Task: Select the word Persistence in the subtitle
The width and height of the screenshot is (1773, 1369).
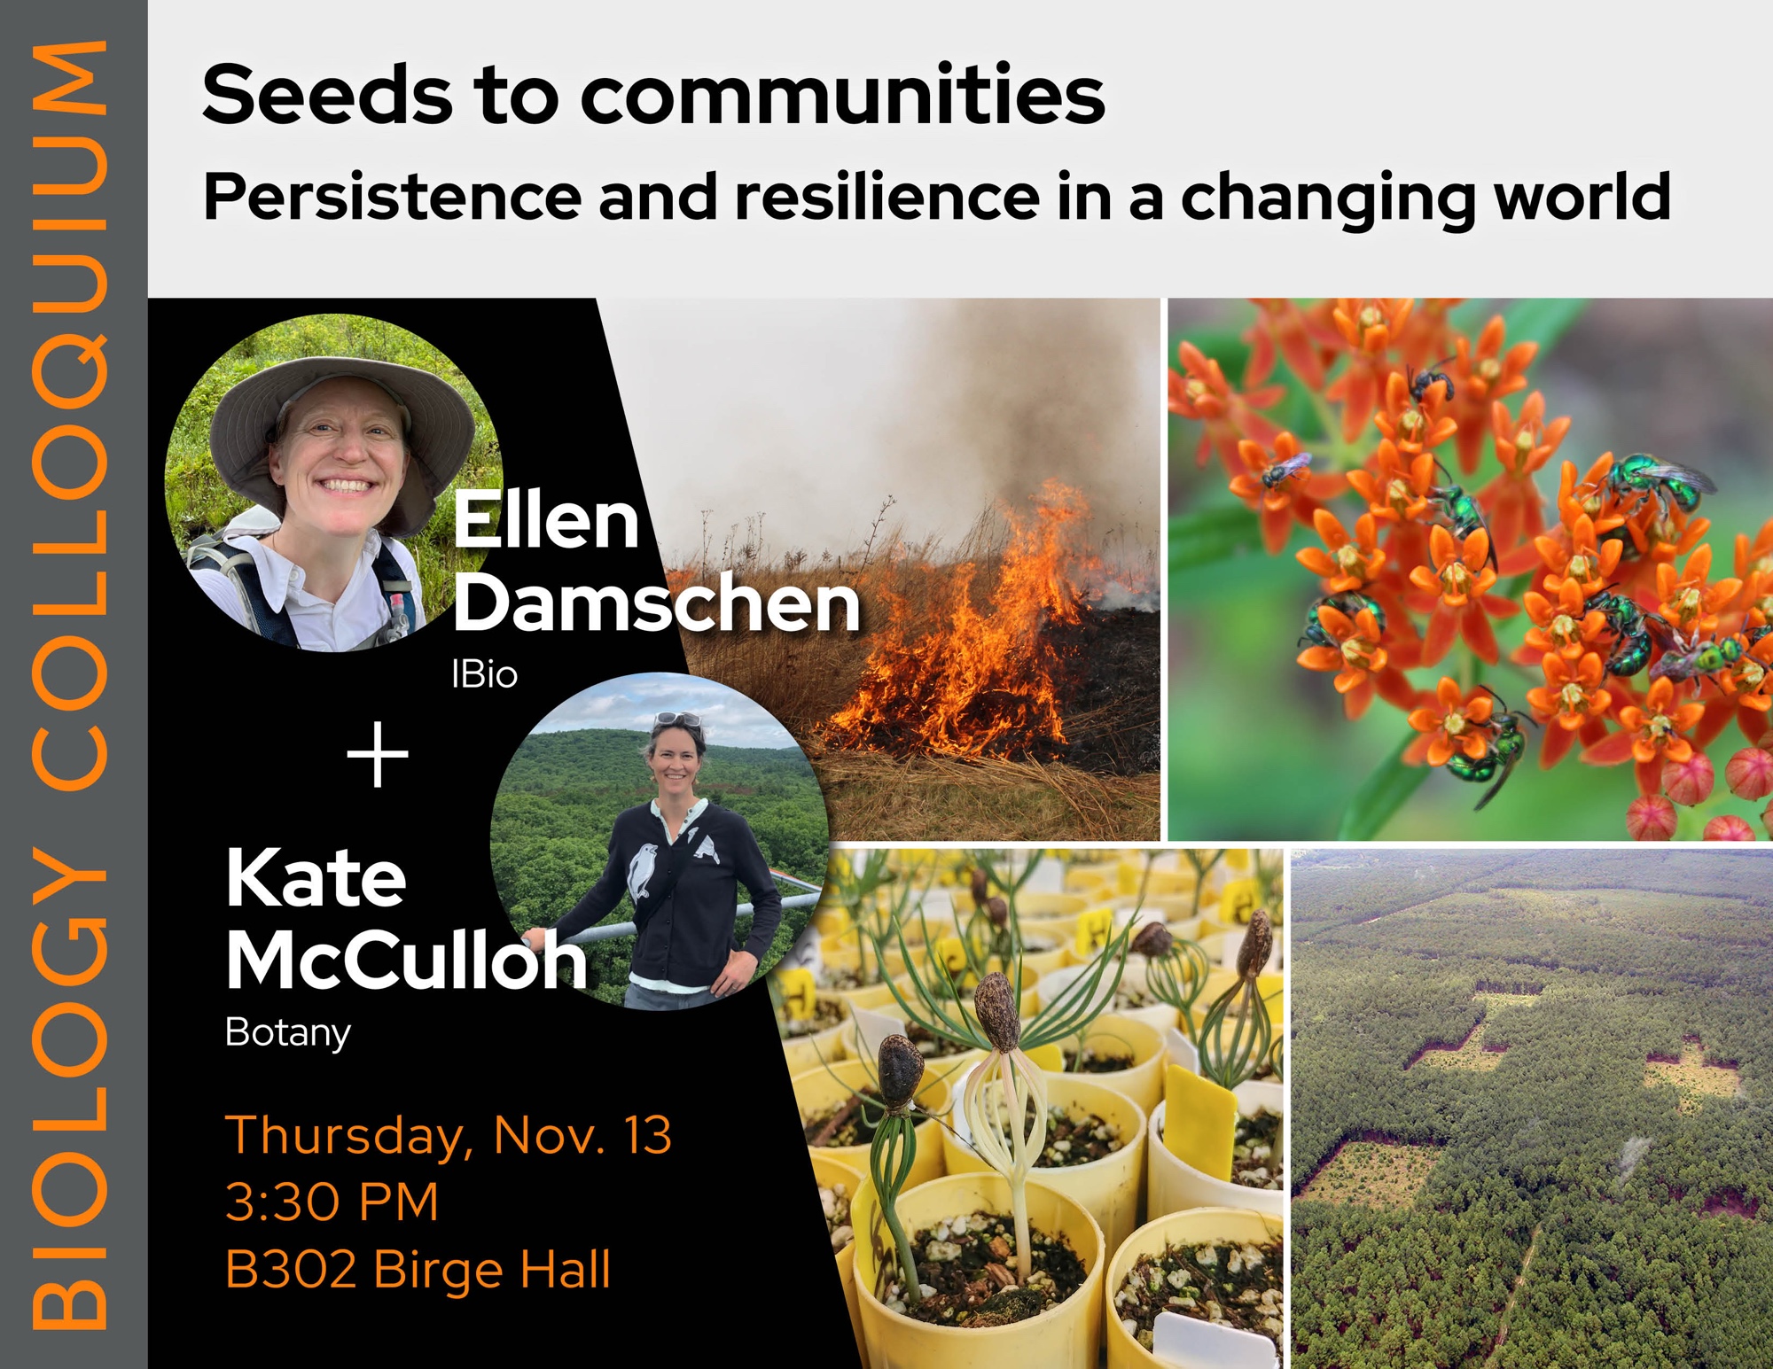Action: click(393, 196)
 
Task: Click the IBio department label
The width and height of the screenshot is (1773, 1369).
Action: click(484, 674)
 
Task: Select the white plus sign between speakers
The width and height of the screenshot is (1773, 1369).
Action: click(378, 754)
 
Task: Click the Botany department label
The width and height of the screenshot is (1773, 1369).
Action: click(288, 1033)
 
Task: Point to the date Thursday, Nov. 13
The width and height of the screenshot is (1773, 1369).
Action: click(449, 1135)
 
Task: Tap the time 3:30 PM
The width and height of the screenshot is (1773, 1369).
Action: click(332, 1202)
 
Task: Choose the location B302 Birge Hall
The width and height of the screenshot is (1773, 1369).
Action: click(418, 1270)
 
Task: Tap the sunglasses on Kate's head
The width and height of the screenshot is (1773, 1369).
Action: click(678, 720)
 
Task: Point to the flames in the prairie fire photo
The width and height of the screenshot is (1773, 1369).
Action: click(966, 638)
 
